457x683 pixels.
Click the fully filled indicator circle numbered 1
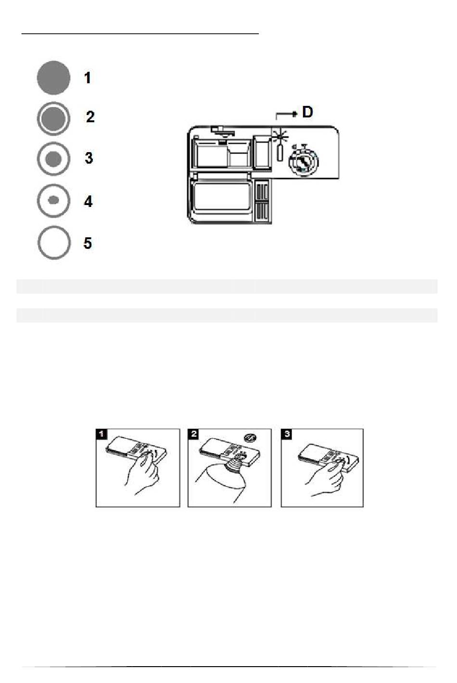pyautogui.click(x=53, y=78)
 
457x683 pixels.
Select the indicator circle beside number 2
pyautogui.click(x=53, y=118)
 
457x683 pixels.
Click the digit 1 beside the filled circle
pyautogui.click(x=88, y=78)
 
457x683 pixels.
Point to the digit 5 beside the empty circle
pyautogui.click(x=88, y=243)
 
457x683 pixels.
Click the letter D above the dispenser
pyautogui.click(x=307, y=112)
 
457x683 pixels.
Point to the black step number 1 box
pyautogui.click(x=102, y=434)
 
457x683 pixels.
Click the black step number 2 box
pyautogui.click(x=193, y=434)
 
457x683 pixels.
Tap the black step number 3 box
pyautogui.click(x=287, y=434)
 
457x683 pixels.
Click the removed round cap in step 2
pyautogui.click(x=250, y=438)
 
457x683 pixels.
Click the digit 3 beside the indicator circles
pyautogui.click(x=89, y=158)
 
